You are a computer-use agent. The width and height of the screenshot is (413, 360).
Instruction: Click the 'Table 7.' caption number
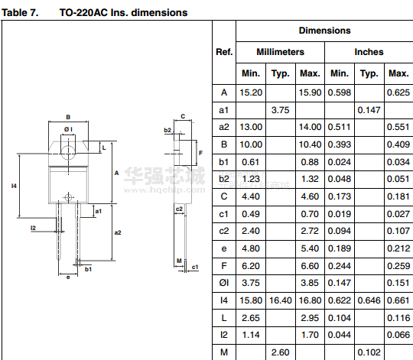coord(20,13)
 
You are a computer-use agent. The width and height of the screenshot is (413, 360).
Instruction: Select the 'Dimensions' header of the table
coord(324,31)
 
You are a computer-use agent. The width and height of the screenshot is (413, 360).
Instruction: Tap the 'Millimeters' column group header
coord(280,52)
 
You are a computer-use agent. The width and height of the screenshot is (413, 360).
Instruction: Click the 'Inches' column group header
coord(369,52)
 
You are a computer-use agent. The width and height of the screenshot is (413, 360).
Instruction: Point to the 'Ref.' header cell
coord(224,52)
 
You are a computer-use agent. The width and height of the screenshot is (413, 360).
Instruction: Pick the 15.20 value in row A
coord(251,92)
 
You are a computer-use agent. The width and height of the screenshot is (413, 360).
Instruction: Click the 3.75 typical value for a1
coord(280,110)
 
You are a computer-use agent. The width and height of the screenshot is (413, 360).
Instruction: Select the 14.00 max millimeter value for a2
coord(310,127)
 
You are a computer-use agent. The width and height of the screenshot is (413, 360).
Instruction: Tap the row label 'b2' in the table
coord(224,179)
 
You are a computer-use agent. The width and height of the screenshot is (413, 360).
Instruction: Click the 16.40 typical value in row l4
coord(280,300)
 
